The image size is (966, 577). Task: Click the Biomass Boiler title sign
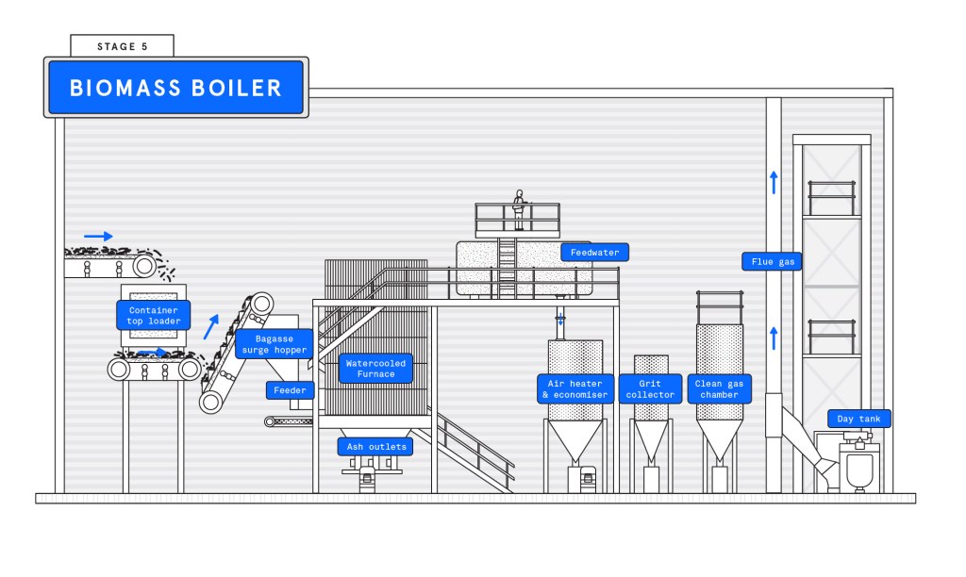pyautogui.click(x=175, y=88)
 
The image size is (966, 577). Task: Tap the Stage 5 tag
pyautogui.click(x=122, y=46)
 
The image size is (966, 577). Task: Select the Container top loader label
pyautogui.click(x=153, y=315)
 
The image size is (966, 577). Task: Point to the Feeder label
pyautogui.click(x=290, y=390)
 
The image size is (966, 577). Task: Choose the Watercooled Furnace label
pyautogui.click(x=375, y=369)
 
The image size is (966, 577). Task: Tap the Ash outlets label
pyautogui.click(x=375, y=446)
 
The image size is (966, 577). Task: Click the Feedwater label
pyautogui.click(x=594, y=252)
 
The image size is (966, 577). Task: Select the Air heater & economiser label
pyautogui.click(x=575, y=389)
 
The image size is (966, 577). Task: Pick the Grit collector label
pyautogui.click(x=650, y=389)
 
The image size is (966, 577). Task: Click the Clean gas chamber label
pyautogui.click(x=719, y=389)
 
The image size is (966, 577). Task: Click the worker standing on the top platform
pyautogui.click(x=518, y=209)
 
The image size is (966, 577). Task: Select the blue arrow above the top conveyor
pyautogui.click(x=97, y=236)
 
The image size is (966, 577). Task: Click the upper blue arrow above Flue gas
pyautogui.click(x=774, y=182)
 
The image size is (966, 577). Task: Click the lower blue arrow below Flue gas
pyautogui.click(x=774, y=337)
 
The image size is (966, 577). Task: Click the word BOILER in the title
pyautogui.click(x=235, y=88)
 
